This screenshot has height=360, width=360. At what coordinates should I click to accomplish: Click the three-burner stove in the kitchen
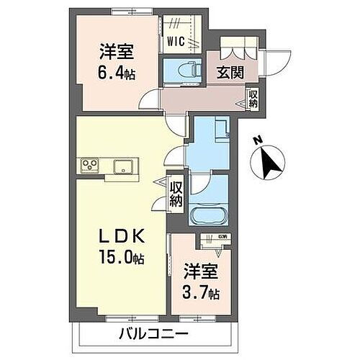pos(89,166)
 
